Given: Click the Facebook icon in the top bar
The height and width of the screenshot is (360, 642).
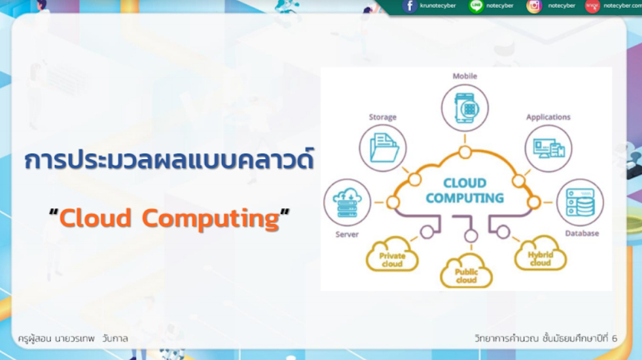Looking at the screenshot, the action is (410, 6).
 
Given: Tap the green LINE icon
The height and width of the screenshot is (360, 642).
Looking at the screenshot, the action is (476, 6).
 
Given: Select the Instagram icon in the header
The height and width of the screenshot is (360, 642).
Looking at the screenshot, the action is (534, 6).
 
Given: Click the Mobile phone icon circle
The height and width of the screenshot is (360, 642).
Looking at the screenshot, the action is (465, 108).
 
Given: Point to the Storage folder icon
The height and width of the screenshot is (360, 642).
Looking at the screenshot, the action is (383, 148).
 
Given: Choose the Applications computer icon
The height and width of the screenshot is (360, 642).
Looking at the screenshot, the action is (548, 149).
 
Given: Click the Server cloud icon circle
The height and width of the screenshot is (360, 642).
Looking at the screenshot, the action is (348, 202).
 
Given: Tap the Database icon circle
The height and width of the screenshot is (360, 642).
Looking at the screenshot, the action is (580, 202).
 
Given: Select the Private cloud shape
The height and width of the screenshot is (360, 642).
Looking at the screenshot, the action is (392, 255).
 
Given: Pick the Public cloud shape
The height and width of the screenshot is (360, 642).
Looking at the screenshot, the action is (467, 271).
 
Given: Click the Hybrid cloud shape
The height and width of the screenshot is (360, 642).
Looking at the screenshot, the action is (541, 253).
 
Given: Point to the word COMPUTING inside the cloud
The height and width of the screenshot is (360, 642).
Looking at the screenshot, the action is (465, 198).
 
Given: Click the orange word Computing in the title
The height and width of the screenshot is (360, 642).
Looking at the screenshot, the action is (211, 219).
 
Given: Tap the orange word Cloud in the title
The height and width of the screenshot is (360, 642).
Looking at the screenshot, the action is (96, 218).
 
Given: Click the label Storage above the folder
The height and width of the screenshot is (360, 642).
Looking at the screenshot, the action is (382, 117).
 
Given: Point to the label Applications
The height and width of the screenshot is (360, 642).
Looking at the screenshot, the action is (548, 117).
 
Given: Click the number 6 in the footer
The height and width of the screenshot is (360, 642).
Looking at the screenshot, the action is (614, 338).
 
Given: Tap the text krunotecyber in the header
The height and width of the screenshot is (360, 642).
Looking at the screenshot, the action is (438, 6).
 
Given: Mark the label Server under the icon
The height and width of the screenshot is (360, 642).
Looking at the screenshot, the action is (347, 234).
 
